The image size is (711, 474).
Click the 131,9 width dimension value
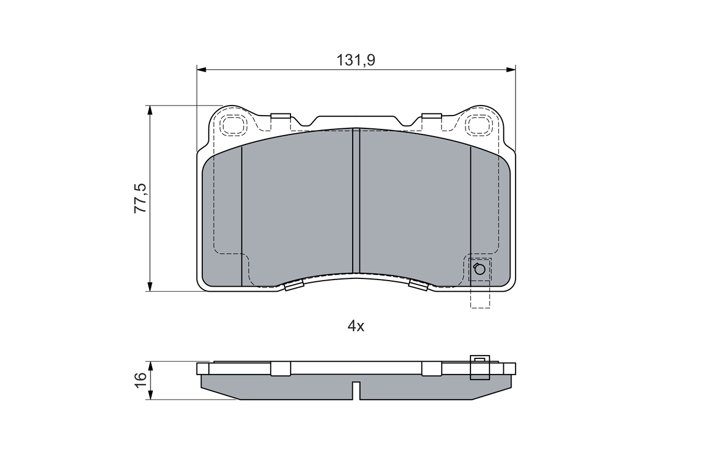click(x=355, y=60)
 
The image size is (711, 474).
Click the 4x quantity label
click(x=355, y=326)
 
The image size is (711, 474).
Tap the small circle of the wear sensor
click(x=479, y=270)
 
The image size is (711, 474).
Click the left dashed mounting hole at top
click(x=233, y=124)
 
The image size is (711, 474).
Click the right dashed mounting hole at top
click(x=479, y=124)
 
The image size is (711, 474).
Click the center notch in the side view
click(x=356, y=390)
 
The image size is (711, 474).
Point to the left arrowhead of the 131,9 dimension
click(x=201, y=69)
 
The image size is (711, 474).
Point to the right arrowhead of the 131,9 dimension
click(x=512, y=69)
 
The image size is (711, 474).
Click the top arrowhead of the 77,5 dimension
click(x=149, y=109)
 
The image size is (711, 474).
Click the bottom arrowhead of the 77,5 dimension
click(x=149, y=287)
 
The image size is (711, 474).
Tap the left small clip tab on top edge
click(x=281, y=116)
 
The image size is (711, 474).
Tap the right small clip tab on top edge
click(x=432, y=116)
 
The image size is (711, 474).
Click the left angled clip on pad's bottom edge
click(x=293, y=286)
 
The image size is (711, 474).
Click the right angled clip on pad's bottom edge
click(x=418, y=286)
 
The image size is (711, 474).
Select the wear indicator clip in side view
click(x=480, y=368)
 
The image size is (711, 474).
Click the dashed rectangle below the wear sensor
click(x=480, y=295)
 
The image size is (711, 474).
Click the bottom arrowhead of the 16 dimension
click(x=149, y=395)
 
